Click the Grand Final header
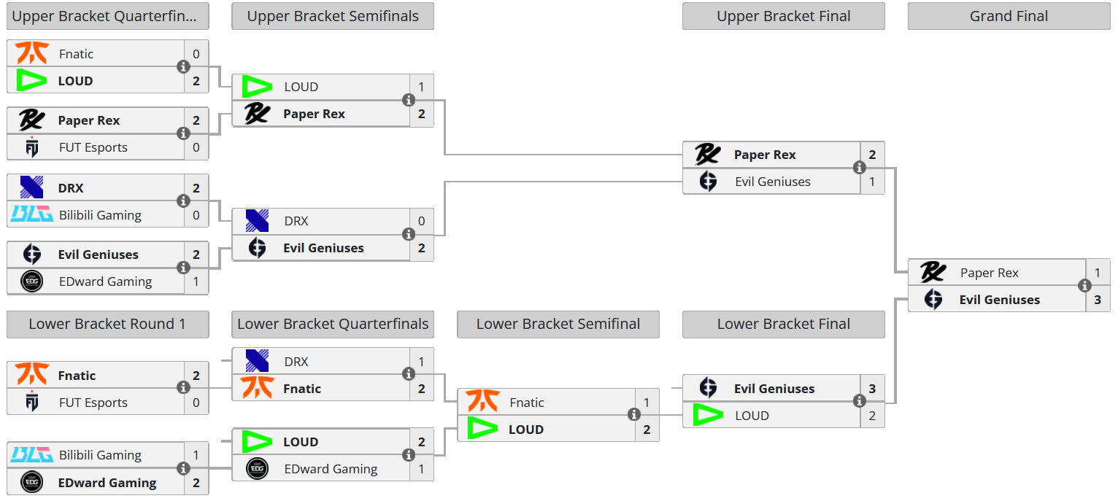[1009, 16]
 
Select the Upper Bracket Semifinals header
[333, 16]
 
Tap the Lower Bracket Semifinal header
[558, 324]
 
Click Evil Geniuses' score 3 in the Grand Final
[1098, 300]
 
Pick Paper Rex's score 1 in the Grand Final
[1098, 273]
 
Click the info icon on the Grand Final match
[1085, 286]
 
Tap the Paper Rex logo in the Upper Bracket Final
[707, 155]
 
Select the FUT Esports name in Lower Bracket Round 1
[93, 403]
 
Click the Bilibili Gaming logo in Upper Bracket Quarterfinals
[31, 214]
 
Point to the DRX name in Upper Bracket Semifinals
[296, 221]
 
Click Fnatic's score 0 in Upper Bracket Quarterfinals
[196, 54]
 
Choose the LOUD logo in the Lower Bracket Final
[707, 416]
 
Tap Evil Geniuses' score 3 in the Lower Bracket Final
[872, 389]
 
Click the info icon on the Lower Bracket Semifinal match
[634, 415]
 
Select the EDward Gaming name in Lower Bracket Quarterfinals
[331, 469]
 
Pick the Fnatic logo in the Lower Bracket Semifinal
[482, 402]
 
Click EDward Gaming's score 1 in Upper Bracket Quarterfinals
[196, 281]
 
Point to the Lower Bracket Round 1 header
[107, 324]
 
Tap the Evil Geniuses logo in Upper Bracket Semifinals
[257, 248]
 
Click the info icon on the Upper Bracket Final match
[860, 168]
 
